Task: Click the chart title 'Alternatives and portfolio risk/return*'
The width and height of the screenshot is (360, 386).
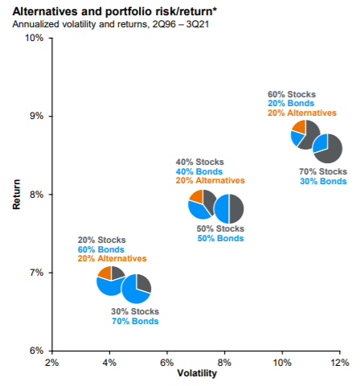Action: pyautogui.click(x=115, y=12)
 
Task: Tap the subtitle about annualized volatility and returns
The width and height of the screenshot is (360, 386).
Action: pyautogui.click(x=111, y=24)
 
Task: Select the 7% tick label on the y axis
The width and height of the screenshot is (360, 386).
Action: pyautogui.click(x=37, y=273)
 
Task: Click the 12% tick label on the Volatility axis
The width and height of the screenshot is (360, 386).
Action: pyautogui.click(x=340, y=363)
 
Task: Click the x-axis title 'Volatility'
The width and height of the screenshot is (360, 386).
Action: pyautogui.click(x=197, y=373)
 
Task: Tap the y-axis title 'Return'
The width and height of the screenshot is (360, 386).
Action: pyautogui.click(x=16, y=195)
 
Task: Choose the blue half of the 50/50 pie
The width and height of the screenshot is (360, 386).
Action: pyautogui.click(x=222, y=208)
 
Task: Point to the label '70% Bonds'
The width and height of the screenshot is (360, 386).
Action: pyautogui.click(x=135, y=321)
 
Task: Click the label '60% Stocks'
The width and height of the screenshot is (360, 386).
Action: pyautogui.click(x=292, y=94)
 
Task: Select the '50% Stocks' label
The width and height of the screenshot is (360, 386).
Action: pyautogui.click(x=220, y=228)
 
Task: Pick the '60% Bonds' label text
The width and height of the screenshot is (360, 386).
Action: pyautogui.click(x=101, y=249)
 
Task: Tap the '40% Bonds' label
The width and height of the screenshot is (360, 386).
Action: pyautogui.click(x=199, y=171)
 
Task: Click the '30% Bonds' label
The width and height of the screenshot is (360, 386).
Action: pyautogui.click(x=323, y=181)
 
